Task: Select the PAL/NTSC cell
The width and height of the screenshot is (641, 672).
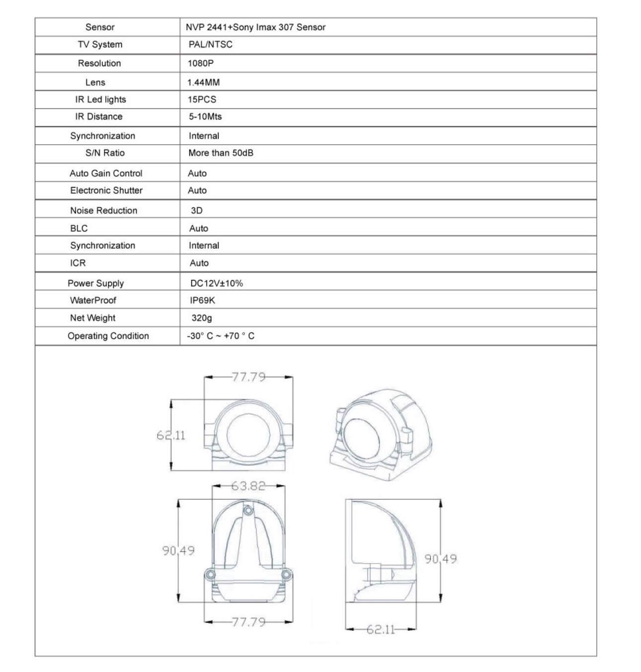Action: click(210, 44)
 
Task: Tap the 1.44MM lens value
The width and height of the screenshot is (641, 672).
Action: click(203, 82)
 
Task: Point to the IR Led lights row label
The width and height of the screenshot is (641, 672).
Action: click(100, 99)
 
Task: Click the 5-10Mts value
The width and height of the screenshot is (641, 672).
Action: click(205, 116)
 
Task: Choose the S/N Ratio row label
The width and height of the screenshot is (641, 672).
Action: click(105, 153)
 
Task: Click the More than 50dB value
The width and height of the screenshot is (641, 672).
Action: click(221, 153)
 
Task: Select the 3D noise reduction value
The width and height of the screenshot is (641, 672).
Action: click(197, 210)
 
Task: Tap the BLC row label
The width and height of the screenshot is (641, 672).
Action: click(79, 228)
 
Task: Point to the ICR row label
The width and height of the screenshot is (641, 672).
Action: click(78, 263)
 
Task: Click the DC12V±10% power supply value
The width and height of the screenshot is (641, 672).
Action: click(217, 283)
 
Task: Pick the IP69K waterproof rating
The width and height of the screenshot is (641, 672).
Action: click(202, 300)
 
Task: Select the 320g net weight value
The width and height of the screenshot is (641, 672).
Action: click(202, 318)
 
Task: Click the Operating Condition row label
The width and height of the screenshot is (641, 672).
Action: click(108, 336)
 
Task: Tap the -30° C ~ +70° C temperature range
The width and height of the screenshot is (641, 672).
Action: click(221, 336)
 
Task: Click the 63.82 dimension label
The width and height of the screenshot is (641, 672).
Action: click(248, 485)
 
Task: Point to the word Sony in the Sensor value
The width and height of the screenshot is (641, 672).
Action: click(243, 27)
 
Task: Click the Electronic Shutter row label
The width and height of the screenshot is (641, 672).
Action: click(106, 191)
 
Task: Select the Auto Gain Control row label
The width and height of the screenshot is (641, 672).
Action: click(106, 173)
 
